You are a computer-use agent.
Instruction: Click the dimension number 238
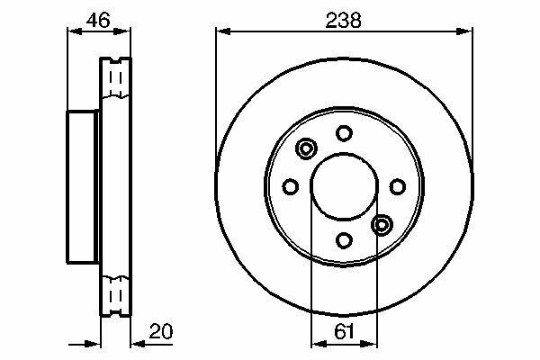[344, 21]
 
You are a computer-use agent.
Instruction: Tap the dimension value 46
[98, 21]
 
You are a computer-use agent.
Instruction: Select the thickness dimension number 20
[161, 331]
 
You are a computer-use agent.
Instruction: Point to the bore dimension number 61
[344, 332]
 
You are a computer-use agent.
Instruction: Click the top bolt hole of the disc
[344, 133]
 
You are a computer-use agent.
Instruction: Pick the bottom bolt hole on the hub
[344, 239]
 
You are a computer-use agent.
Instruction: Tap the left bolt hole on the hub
[291, 186]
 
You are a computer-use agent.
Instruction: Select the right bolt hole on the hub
[398, 186]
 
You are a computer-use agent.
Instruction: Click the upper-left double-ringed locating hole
[306, 148]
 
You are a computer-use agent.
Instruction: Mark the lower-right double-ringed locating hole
[382, 225]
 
